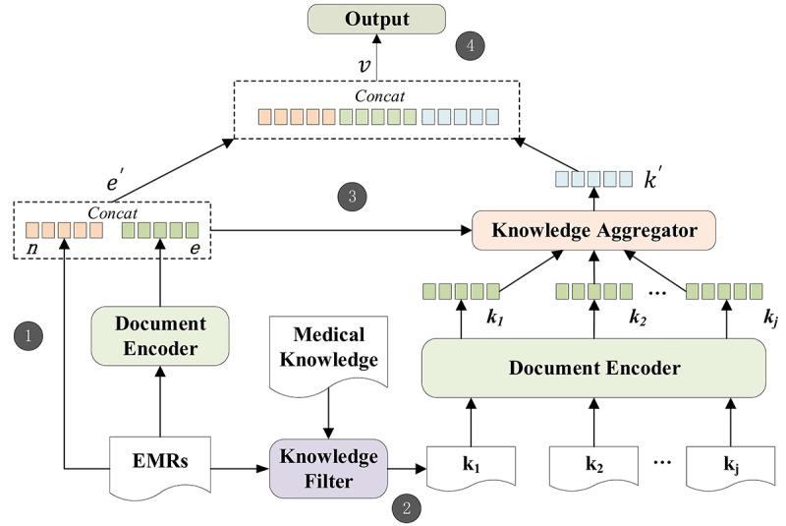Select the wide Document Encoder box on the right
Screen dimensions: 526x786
[x=593, y=368]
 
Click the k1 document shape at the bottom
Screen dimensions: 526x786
[x=470, y=463]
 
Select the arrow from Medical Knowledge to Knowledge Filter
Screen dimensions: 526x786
[x=329, y=414]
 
